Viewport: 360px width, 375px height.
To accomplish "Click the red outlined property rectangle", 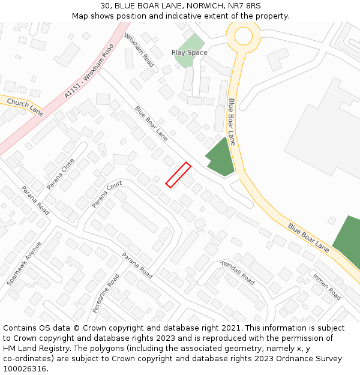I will (x=178, y=175).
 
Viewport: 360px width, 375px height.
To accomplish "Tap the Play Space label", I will (x=189, y=53).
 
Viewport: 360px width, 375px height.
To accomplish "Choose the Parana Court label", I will (x=107, y=194).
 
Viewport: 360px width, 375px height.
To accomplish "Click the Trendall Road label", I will (x=238, y=272).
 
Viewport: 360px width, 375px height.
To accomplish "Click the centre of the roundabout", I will (x=243, y=35).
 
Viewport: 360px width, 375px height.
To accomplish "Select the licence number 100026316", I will (x=25, y=369).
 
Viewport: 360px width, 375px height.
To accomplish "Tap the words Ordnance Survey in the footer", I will (x=309, y=359).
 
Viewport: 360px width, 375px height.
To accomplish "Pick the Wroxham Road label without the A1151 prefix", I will (x=139, y=50).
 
